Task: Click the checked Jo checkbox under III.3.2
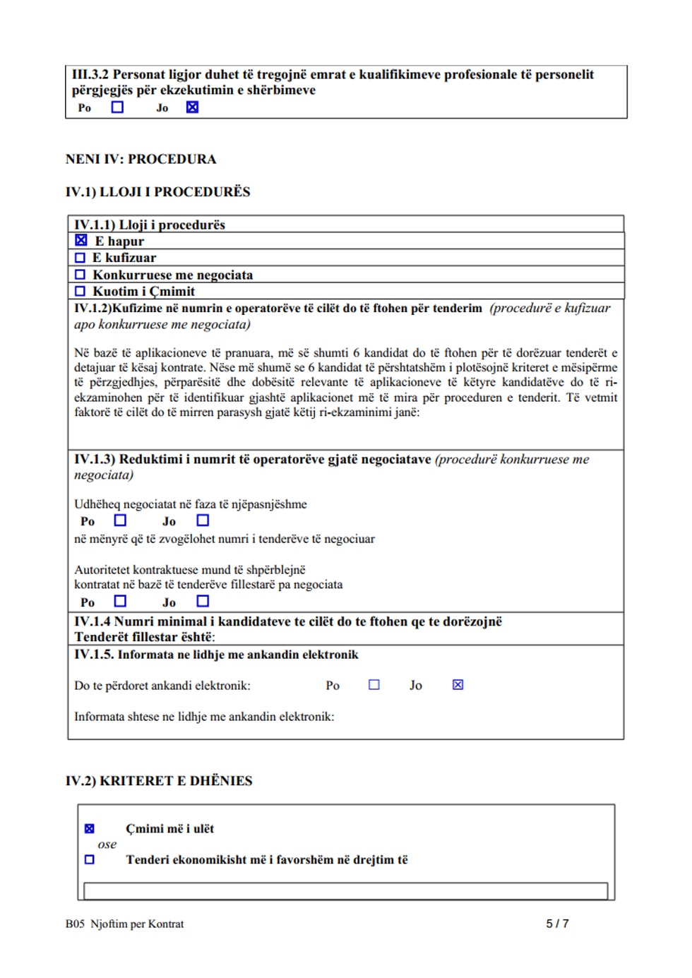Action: point(192,107)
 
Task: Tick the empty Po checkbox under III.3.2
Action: point(118,107)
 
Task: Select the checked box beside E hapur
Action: point(81,241)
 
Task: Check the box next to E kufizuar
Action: point(80,258)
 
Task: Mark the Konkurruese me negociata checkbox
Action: point(80,275)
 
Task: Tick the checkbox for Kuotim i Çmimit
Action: point(80,291)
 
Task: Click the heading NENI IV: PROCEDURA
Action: point(141,159)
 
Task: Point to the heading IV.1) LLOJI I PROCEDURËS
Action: point(157,192)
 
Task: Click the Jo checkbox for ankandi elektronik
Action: point(458,684)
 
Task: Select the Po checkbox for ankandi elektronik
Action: point(374,684)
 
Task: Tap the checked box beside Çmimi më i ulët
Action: point(90,828)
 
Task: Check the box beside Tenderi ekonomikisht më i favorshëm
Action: point(90,859)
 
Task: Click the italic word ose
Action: point(107,844)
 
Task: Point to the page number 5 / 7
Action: point(557,924)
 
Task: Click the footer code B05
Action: point(75,924)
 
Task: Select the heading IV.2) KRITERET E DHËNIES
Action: point(159,781)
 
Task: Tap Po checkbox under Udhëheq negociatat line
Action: point(121,520)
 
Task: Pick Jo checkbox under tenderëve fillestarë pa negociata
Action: point(203,601)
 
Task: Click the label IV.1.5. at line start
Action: point(94,655)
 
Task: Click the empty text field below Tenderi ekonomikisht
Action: point(345,890)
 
